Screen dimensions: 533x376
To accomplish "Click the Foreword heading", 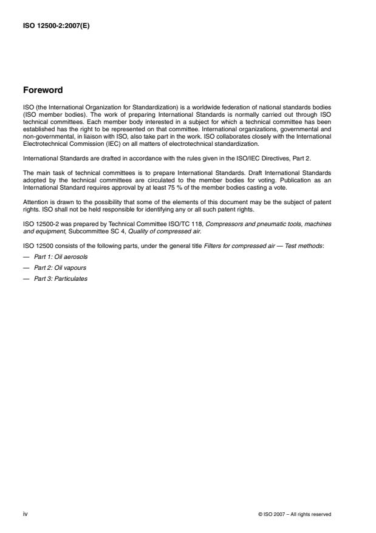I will tap(42, 91).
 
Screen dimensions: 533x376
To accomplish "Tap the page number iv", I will tap(25, 514).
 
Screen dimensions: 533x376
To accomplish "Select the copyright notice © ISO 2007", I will tap(295, 514).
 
